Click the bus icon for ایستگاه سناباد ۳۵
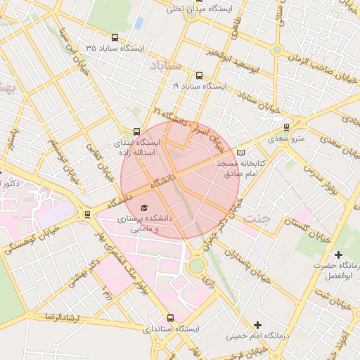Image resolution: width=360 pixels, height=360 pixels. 115,38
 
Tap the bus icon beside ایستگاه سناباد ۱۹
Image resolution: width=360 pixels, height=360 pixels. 199,75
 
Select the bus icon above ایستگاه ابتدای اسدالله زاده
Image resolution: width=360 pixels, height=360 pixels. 136,131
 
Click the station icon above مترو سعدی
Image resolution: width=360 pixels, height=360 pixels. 286,127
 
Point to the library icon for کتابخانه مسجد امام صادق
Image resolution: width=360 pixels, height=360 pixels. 241,153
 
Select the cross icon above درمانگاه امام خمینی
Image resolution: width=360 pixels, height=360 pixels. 258,325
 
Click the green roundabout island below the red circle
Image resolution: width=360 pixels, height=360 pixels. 196,266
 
